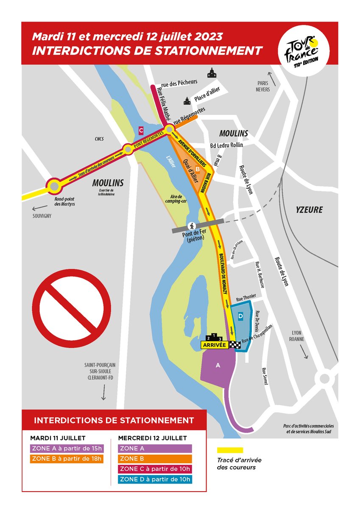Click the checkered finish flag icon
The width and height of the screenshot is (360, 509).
235,345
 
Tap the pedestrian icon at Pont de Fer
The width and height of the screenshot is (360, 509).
192,225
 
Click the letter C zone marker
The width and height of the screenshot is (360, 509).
141,129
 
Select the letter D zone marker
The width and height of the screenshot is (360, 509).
240,316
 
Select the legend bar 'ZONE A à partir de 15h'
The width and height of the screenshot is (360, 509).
67,448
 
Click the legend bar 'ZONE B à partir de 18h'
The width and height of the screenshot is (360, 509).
67,459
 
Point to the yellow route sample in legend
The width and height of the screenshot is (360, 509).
230,450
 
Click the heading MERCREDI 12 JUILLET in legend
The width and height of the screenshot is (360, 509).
152,438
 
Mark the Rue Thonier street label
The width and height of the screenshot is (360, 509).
246,299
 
